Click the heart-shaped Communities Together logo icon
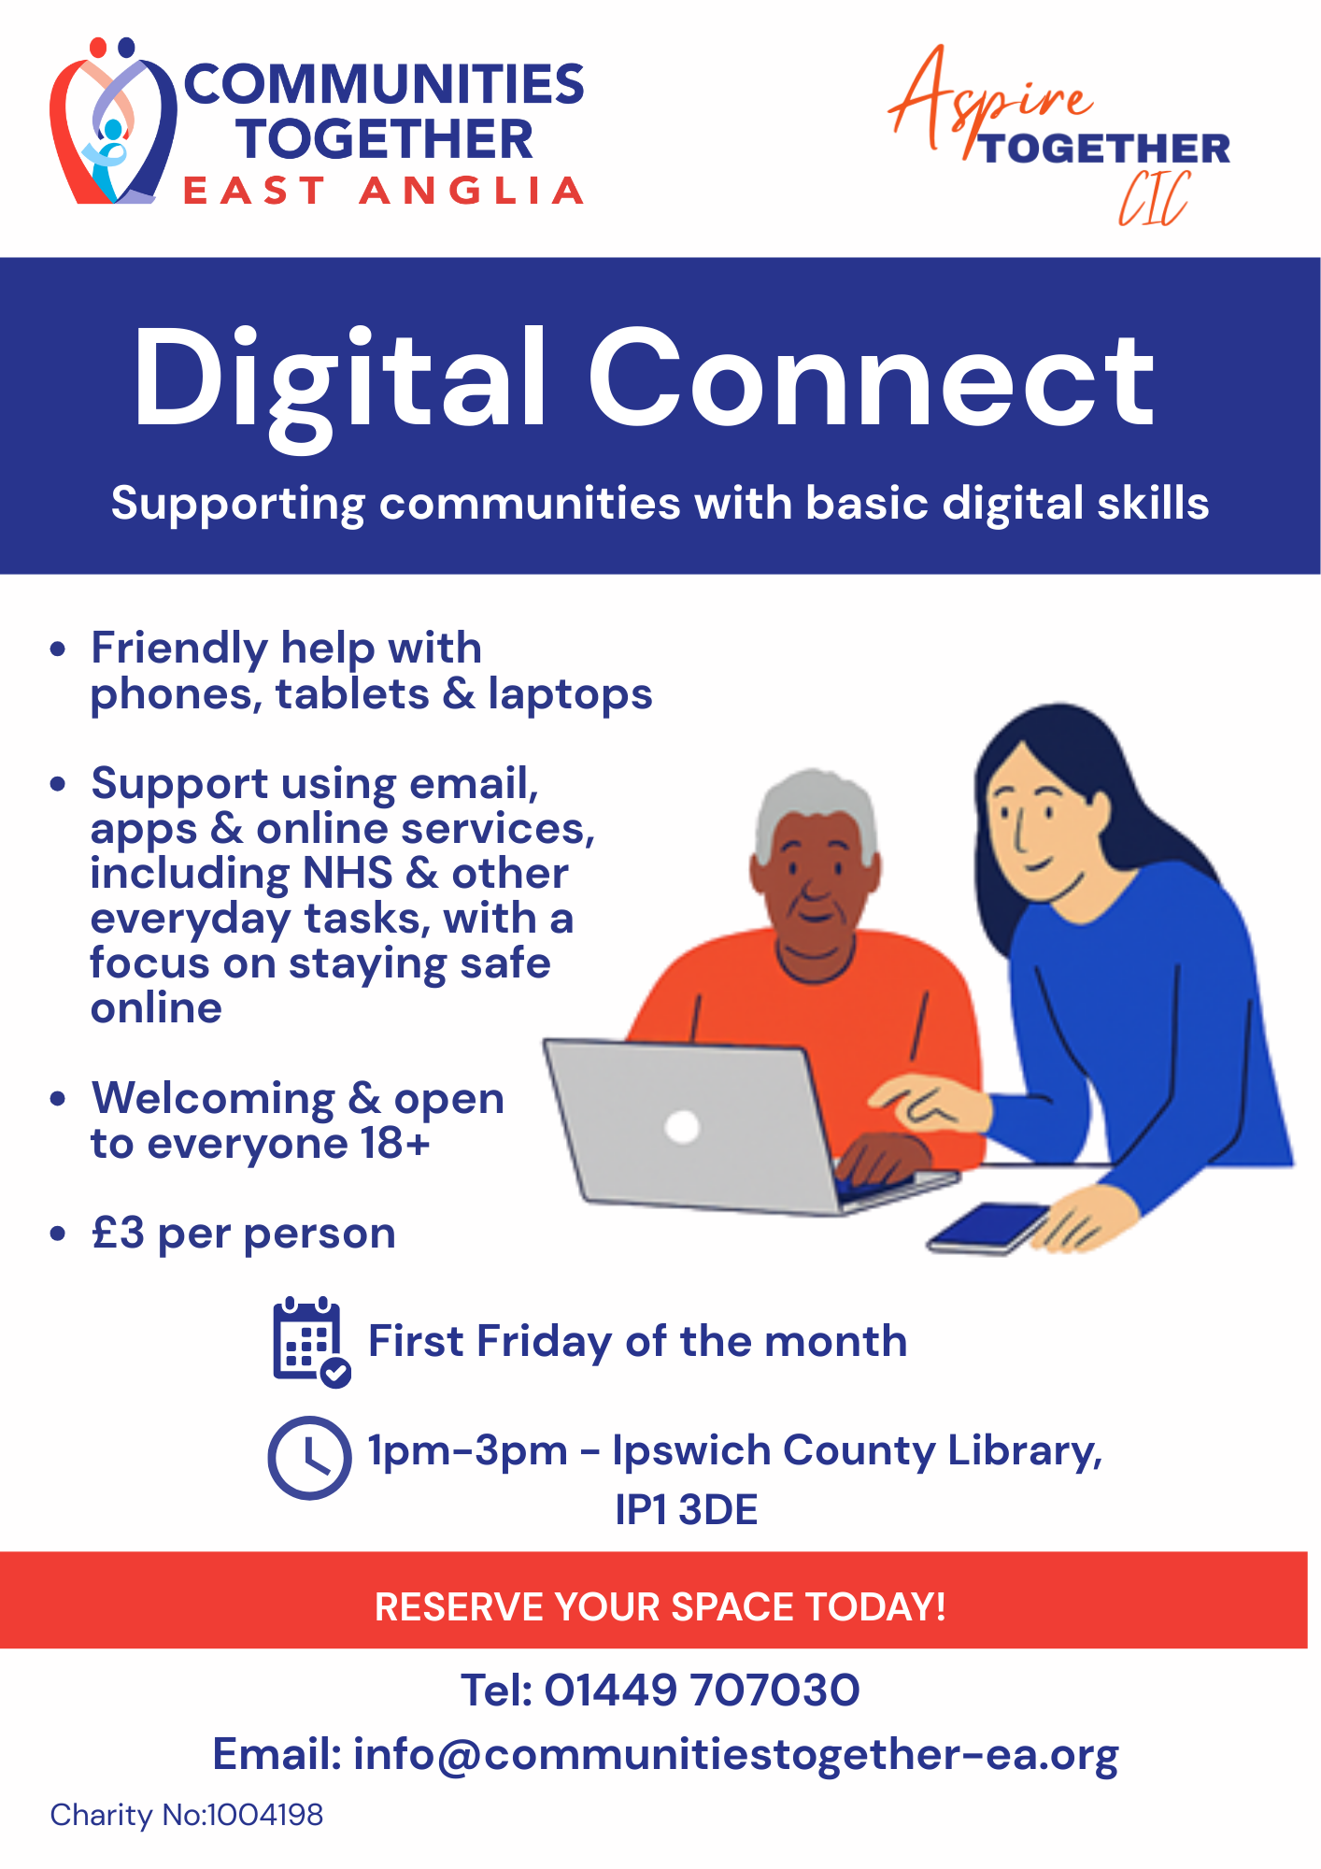(x=112, y=121)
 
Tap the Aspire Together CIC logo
(x=1060, y=136)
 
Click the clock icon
(x=309, y=1458)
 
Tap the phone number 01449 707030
(x=701, y=1690)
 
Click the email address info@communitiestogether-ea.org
(x=735, y=1754)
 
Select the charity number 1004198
(x=264, y=1815)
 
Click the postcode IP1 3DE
(x=686, y=1510)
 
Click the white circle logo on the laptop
(x=682, y=1126)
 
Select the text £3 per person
(x=244, y=1234)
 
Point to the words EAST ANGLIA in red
(x=383, y=191)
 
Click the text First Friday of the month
(x=637, y=1342)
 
